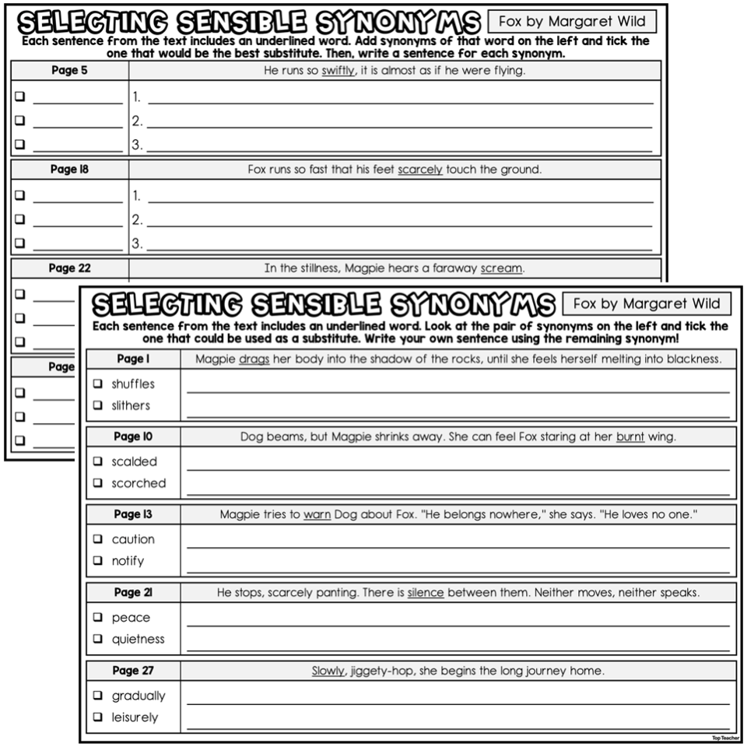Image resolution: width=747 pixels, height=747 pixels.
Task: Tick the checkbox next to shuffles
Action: [98, 384]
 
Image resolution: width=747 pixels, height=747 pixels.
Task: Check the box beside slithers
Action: [98, 405]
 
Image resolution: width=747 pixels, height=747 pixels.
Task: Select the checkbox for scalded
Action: [98, 461]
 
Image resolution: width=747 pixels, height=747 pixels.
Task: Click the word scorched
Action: [139, 483]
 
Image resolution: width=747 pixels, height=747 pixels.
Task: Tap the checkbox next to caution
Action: [98, 539]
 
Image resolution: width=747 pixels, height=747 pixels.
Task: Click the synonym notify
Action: [128, 561]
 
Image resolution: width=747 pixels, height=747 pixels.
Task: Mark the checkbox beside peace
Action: [98, 618]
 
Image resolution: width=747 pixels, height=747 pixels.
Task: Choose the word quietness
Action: [139, 640]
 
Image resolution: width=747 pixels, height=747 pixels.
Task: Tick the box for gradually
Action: [98, 696]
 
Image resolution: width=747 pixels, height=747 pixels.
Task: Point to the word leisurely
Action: [135, 717]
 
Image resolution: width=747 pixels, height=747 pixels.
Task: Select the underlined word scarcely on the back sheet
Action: [420, 170]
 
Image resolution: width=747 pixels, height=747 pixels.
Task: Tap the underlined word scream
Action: [502, 268]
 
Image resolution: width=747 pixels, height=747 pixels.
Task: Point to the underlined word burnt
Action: [630, 437]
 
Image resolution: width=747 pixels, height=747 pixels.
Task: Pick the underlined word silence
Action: [426, 593]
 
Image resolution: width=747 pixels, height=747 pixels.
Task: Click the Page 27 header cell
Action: [133, 671]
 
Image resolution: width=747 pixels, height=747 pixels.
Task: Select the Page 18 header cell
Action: [70, 170]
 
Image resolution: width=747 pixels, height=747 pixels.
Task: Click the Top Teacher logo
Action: [724, 737]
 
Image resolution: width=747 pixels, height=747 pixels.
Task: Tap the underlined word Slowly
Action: [328, 671]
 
